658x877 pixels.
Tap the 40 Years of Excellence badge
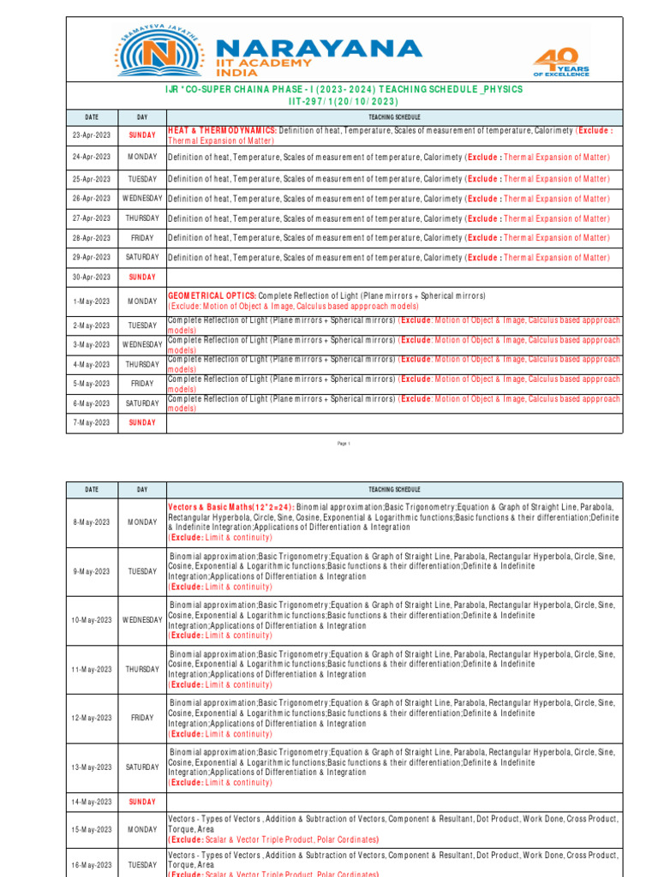(x=560, y=62)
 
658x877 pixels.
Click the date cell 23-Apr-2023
(x=92, y=135)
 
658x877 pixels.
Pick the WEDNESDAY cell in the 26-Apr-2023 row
(x=142, y=198)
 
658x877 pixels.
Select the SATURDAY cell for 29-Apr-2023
(x=142, y=257)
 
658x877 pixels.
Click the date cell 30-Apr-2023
(x=92, y=277)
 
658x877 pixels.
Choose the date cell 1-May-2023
(x=92, y=301)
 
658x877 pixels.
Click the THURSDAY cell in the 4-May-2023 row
(x=142, y=364)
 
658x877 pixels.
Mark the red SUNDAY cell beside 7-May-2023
(x=142, y=423)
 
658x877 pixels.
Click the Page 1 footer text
(x=344, y=444)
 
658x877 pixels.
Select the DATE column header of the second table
(x=92, y=490)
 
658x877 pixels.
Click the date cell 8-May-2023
(x=92, y=522)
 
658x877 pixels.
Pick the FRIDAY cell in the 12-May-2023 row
(x=142, y=719)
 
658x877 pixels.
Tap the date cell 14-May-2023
(x=92, y=802)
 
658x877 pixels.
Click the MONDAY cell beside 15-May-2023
(x=142, y=830)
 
